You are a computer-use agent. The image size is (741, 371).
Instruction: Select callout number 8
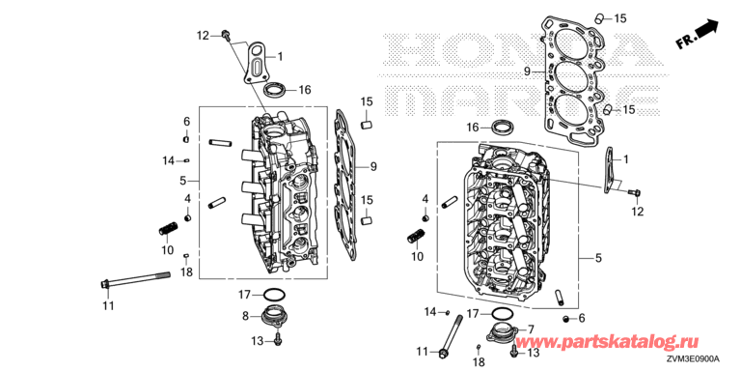245,317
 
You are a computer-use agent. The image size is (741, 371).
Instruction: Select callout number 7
531,328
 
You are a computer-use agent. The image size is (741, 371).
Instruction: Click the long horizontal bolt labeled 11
135,279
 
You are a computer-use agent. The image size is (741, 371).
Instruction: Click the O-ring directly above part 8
274,295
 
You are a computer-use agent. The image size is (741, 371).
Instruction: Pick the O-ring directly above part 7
503,314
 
